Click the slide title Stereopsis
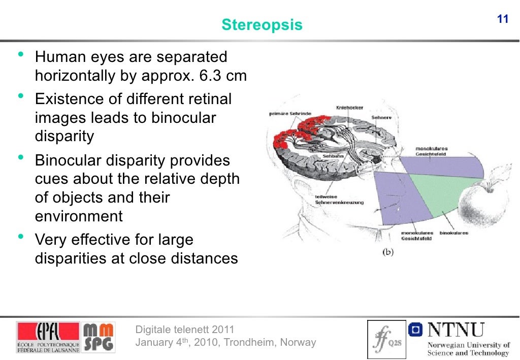click(x=262, y=24)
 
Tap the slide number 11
click(x=502, y=20)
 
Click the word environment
click(x=79, y=216)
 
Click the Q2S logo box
click(x=386, y=339)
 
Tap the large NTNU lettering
click(x=456, y=330)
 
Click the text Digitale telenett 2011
click(x=185, y=329)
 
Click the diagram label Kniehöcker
click(x=349, y=108)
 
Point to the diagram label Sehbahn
click(x=333, y=156)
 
